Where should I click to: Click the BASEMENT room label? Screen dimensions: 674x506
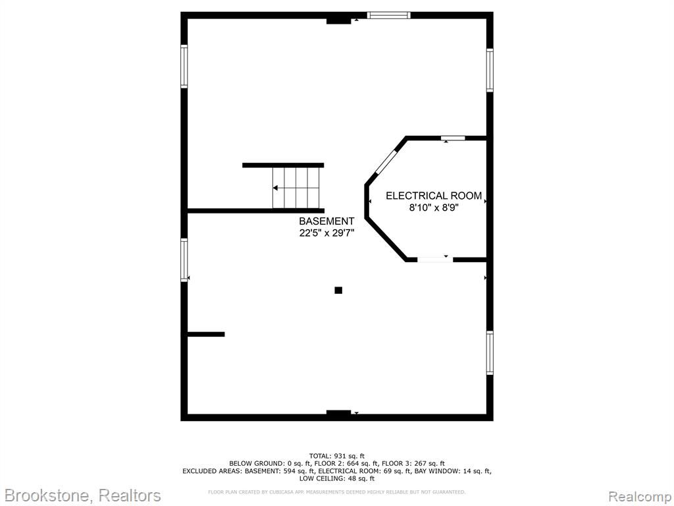click(326, 221)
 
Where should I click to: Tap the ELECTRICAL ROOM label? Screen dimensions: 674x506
click(434, 196)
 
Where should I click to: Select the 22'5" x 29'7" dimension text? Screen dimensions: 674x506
click(326, 233)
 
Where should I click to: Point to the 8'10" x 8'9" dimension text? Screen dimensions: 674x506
click(434, 208)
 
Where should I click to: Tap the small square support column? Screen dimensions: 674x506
click(338, 291)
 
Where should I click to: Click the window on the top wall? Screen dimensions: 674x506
click(388, 16)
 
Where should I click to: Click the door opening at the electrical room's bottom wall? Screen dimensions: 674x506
click(435, 260)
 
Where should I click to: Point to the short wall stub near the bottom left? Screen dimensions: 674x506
click(206, 334)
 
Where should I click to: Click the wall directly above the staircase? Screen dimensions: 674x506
click(283, 165)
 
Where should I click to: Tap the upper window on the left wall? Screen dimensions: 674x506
click(184, 67)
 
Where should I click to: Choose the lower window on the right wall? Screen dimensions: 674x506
click(490, 353)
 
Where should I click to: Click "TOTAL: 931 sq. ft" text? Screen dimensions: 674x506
click(337, 456)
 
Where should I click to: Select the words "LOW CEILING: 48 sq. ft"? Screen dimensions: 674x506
click(337, 478)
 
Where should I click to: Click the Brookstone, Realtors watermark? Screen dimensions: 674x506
click(82, 495)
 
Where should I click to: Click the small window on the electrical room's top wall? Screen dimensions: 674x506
click(453, 138)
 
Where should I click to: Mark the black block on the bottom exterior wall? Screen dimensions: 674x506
click(339, 413)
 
